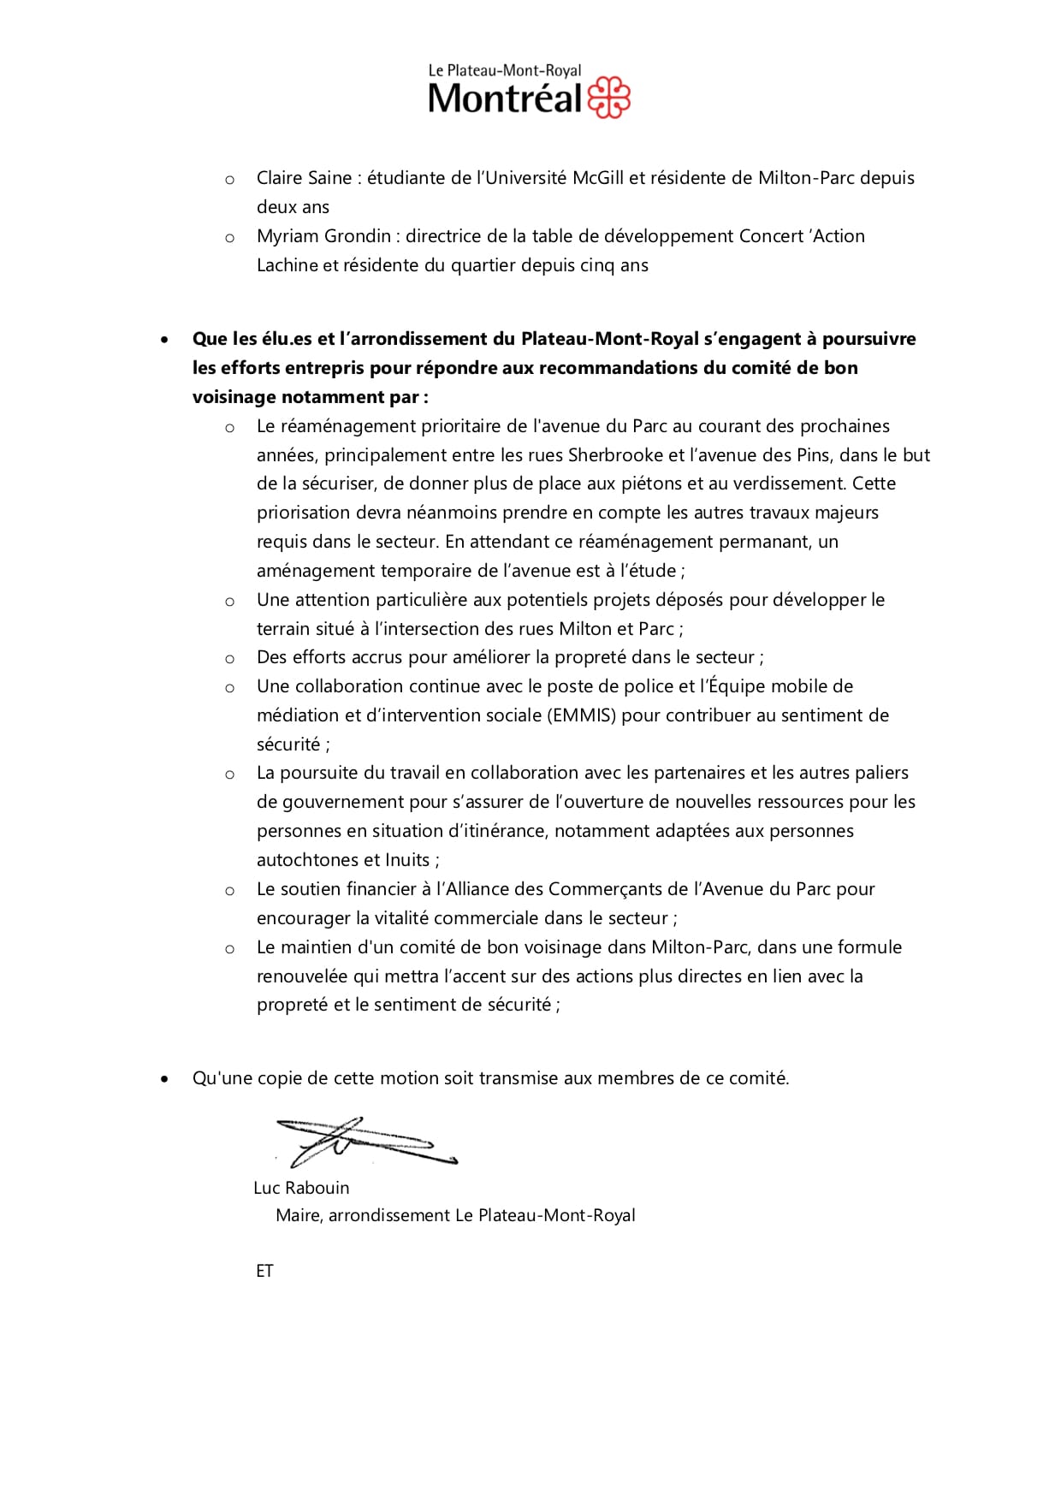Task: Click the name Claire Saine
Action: click(304, 178)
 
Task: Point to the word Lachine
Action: click(287, 265)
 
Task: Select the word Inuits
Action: click(407, 860)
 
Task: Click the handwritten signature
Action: click(364, 1142)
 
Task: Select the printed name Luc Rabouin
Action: click(301, 1188)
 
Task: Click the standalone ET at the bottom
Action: click(264, 1271)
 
